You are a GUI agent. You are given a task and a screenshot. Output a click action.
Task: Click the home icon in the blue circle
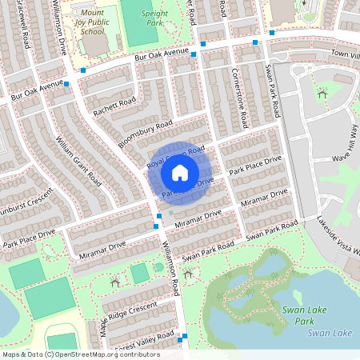[x=180, y=172]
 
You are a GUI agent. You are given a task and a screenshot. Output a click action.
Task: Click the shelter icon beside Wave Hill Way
[x=322, y=94]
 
